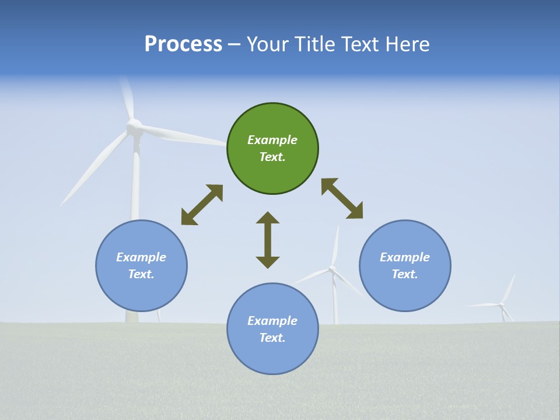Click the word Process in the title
tap(183, 44)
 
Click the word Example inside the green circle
tap(272, 140)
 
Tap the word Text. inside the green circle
tap(272, 157)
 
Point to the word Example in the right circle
tap(405, 257)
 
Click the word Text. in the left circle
tap(141, 274)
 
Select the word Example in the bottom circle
tap(272, 321)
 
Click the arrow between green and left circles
tap(202, 205)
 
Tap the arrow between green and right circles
tap(342, 198)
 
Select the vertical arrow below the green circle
tap(268, 240)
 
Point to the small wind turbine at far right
tap(502, 304)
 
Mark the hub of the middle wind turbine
tap(332, 269)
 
